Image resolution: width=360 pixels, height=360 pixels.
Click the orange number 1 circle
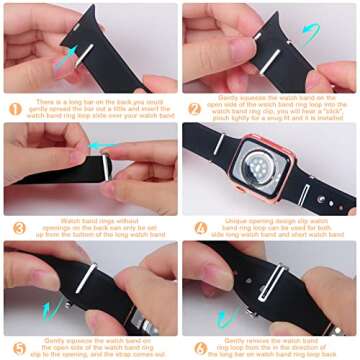[x=15, y=108]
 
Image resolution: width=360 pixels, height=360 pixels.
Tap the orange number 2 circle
[x=195, y=108]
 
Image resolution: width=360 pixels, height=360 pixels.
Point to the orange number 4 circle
[x=195, y=228]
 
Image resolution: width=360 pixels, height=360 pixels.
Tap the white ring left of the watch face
[x=218, y=144]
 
